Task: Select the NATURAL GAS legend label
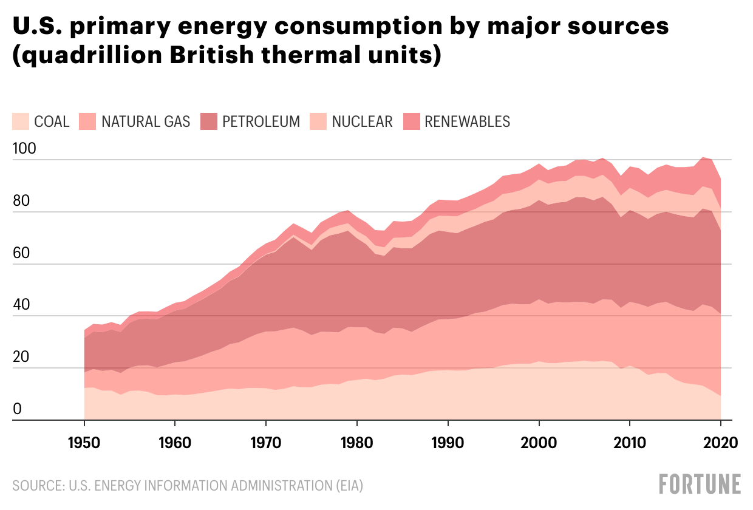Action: tap(146, 121)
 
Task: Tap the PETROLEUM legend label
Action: tap(261, 121)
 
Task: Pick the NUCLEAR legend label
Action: tap(362, 121)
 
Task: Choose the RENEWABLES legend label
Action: tap(468, 121)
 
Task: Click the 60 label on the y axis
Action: tap(20, 253)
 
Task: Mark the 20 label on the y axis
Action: tap(20, 357)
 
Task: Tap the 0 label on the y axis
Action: tap(17, 409)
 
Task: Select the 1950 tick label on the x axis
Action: tap(84, 442)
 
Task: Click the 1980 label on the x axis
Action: tap(357, 442)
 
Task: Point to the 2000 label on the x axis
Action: tap(539, 442)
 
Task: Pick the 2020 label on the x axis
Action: tap(720, 442)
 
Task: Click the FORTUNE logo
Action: tap(700, 484)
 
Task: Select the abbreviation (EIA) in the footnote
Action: tap(346, 486)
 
